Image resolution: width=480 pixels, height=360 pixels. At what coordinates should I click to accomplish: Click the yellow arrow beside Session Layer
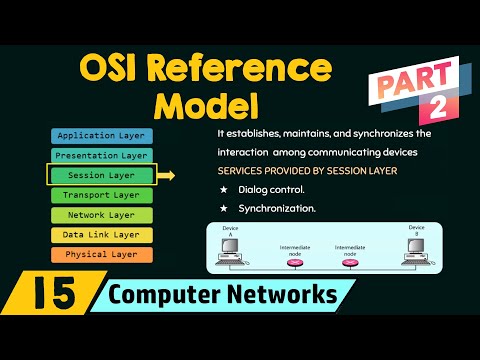tap(167, 176)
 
